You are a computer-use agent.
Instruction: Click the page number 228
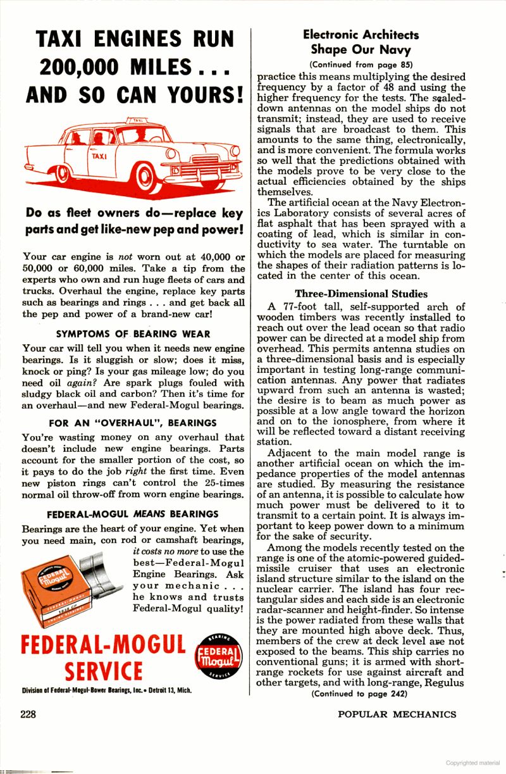point(27,714)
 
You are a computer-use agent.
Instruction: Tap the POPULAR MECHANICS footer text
point(397,714)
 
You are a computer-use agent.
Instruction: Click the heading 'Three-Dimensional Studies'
point(361,294)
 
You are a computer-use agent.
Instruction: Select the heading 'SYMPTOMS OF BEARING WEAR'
point(133,334)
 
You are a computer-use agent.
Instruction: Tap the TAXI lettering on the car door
point(99,156)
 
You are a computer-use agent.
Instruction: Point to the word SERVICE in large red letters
point(104,671)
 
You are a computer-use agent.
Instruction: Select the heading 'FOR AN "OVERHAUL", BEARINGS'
point(133,423)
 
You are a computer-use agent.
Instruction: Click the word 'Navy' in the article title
point(396,49)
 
